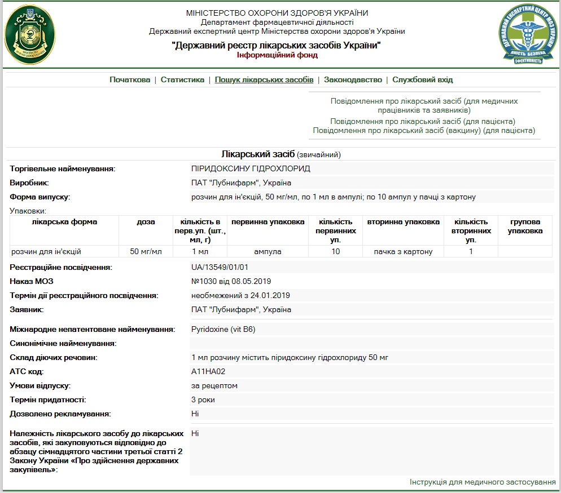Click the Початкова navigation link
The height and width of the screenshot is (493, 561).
coord(130,80)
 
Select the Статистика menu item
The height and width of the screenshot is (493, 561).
coord(182,80)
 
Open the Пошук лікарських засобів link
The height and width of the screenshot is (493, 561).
coord(264,80)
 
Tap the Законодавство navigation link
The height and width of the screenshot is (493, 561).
coord(353,80)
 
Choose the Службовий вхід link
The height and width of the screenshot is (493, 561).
coord(423,80)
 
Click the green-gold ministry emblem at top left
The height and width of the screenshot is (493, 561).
coord(30,34)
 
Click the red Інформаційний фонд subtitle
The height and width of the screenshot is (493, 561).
coord(277,55)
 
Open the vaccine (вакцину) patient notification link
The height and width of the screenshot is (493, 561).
coord(424,131)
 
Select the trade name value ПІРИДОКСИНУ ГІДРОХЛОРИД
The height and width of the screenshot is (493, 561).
coord(251,168)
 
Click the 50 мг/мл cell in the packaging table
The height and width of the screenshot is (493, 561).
coord(146,251)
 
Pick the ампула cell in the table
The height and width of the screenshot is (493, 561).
coord(268,251)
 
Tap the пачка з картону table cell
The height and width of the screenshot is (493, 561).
coord(403,251)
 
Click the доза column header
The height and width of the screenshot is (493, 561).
coord(146,222)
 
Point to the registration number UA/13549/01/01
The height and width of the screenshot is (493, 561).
coord(220,267)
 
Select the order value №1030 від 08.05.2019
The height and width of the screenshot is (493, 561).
coord(231,281)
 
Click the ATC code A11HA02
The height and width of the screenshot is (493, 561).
coord(208,371)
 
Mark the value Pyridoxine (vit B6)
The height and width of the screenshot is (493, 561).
coord(223,329)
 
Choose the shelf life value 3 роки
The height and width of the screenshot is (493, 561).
coord(203,399)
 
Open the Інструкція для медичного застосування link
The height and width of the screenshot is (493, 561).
coord(483,482)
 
